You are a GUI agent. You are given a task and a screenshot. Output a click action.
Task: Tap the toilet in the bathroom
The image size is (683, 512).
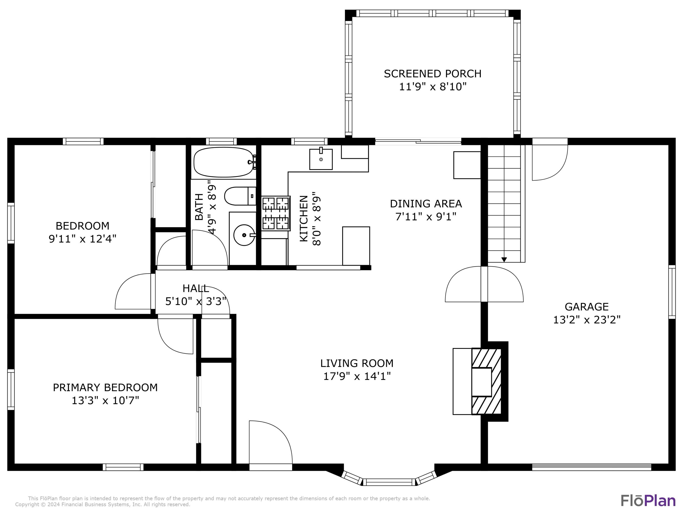pos(239,196)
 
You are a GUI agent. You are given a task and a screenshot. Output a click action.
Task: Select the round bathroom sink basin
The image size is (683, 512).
pos(244,235)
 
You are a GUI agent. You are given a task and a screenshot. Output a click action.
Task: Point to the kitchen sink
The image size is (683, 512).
pos(321,159)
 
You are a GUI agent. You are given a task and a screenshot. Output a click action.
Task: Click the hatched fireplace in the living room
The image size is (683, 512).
pos(486,381)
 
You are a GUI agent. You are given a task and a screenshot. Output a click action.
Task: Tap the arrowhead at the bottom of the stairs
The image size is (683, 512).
pos(504,260)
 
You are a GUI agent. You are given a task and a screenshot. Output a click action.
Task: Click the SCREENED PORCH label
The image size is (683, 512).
pos(432,74)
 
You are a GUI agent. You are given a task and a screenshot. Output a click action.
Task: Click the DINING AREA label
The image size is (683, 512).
pos(426,204)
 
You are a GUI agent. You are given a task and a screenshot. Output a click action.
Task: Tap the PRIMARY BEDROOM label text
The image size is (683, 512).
pos(105,388)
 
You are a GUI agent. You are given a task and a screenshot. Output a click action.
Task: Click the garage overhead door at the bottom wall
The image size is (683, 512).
pos(591,467)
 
